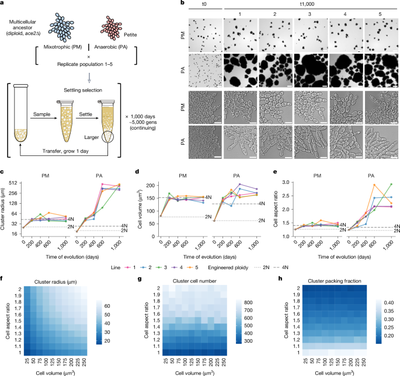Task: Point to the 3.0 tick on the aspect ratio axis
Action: pyautogui.click(x=279, y=183)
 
